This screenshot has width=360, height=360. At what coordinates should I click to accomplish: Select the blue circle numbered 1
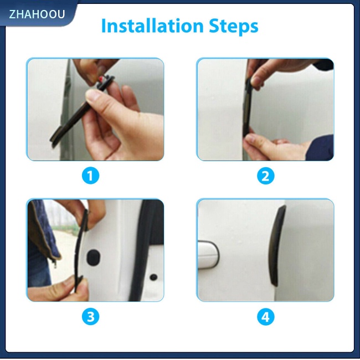[90, 176]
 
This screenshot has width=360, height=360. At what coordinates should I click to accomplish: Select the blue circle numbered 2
[266, 176]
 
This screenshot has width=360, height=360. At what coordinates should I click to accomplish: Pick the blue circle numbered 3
[90, 317]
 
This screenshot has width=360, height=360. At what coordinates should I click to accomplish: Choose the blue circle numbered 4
[266, 317]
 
